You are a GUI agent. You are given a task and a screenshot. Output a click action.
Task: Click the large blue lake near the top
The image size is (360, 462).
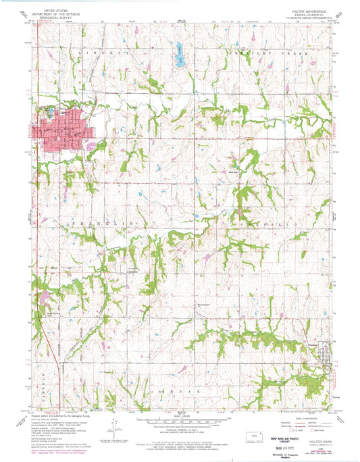pyautogui.click(x=180, y=55)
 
